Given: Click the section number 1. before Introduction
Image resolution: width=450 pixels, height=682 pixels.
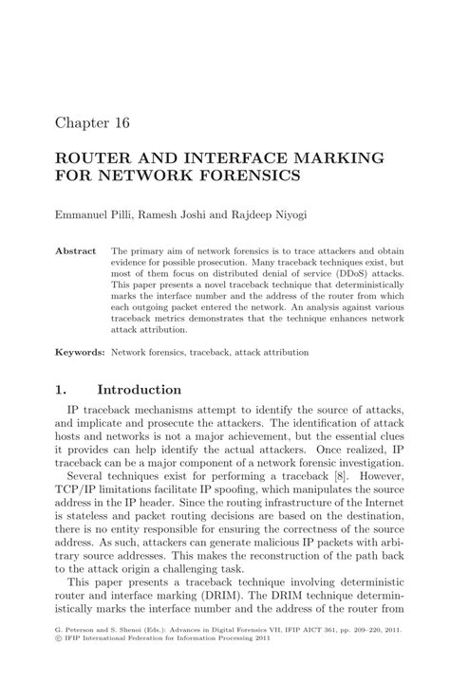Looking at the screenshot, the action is tap(61, 389).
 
